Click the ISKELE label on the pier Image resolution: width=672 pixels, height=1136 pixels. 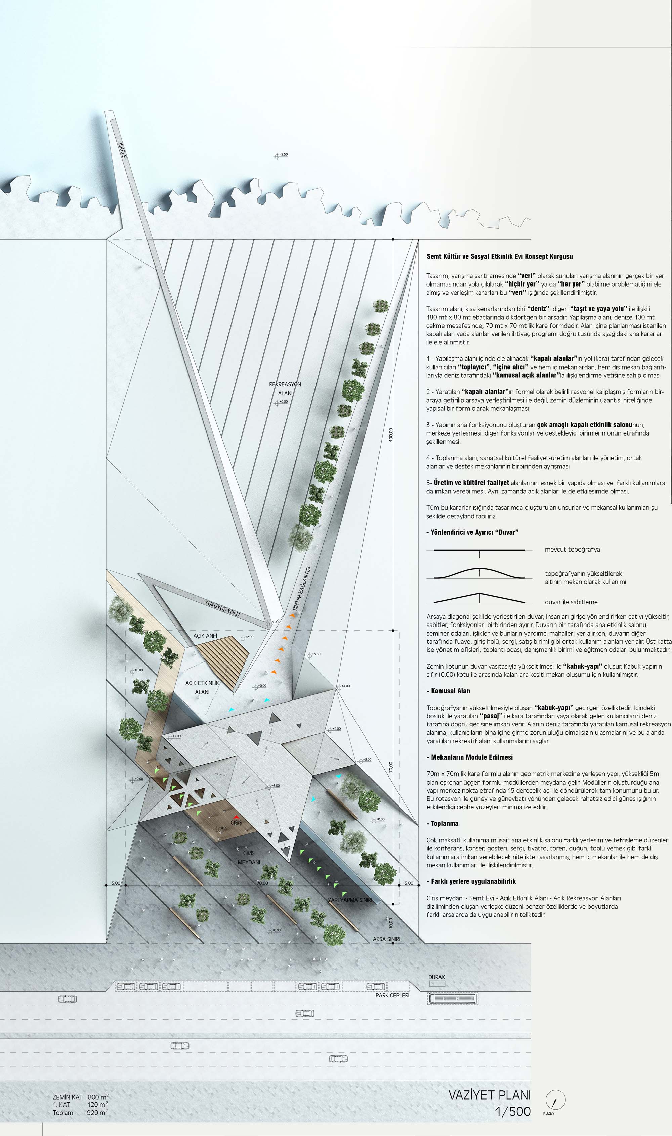click(122, 150)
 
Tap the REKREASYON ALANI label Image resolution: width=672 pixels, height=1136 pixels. click(285, 389)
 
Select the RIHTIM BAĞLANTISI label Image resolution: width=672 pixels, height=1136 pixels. click(302, 588)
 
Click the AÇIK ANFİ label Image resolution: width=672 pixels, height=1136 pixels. click(205, 636)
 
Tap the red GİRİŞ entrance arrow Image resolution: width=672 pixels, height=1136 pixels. click(236, 817)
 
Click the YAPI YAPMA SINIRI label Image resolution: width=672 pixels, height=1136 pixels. click(349, 900)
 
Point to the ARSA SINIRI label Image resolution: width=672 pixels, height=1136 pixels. click(386, 939)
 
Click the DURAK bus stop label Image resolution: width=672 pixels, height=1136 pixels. click(436, 977)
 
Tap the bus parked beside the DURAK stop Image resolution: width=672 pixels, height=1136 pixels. click(453, 998)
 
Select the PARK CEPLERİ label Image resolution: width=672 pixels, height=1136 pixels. click(392, 995)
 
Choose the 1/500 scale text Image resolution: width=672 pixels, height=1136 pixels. click(513, 1111)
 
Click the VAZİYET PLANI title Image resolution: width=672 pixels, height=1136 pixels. click(489, 1095)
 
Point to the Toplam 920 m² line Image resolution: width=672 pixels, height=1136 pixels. click(80, 1113)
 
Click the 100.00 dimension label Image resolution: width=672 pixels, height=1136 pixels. click(391, 434)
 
